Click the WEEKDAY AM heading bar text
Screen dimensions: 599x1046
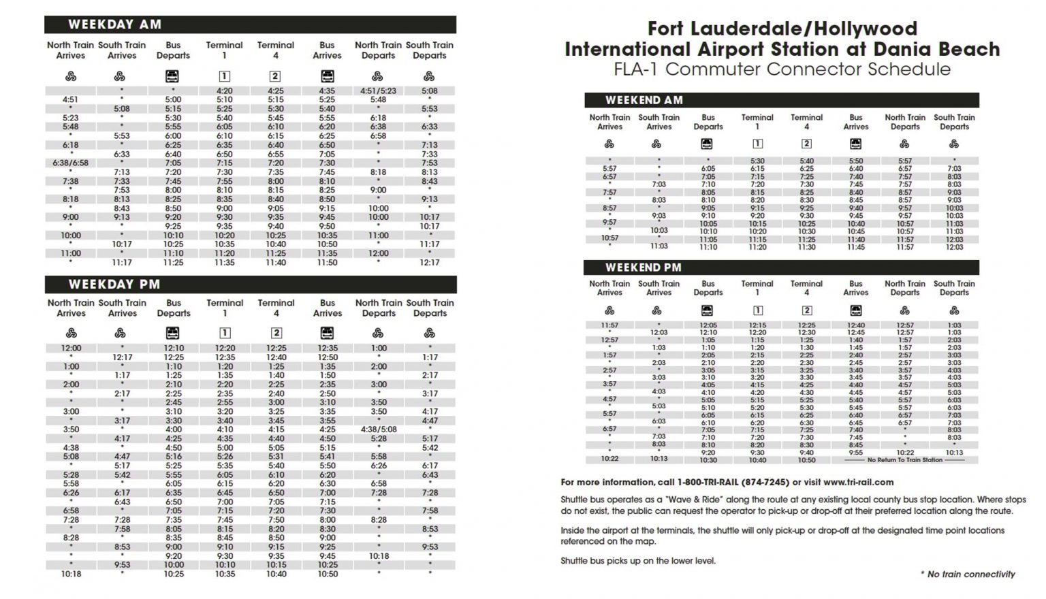click(114, 25)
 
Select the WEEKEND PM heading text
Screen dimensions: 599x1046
click(643, 268)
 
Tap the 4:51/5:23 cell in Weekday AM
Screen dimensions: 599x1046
click(378, 91)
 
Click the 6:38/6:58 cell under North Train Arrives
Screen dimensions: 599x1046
click(70, 163)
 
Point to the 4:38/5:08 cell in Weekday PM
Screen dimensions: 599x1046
click(379, 430)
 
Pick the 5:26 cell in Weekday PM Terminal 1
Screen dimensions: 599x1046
click(225, 457)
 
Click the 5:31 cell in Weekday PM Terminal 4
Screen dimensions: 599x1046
click(276, 457)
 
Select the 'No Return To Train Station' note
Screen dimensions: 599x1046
click(904, 460)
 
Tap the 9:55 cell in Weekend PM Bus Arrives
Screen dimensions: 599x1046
click(855, 453)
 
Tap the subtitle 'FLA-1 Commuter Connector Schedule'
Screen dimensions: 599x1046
click(782, 69)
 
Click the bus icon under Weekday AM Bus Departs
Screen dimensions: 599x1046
click(172, 76)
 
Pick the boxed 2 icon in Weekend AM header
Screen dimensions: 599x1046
click(806, 144)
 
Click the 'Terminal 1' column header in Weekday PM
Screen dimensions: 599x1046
click(225, 308)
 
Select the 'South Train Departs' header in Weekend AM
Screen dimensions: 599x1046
click(954, 122)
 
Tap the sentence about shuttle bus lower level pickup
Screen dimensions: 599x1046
click(638, 561)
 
